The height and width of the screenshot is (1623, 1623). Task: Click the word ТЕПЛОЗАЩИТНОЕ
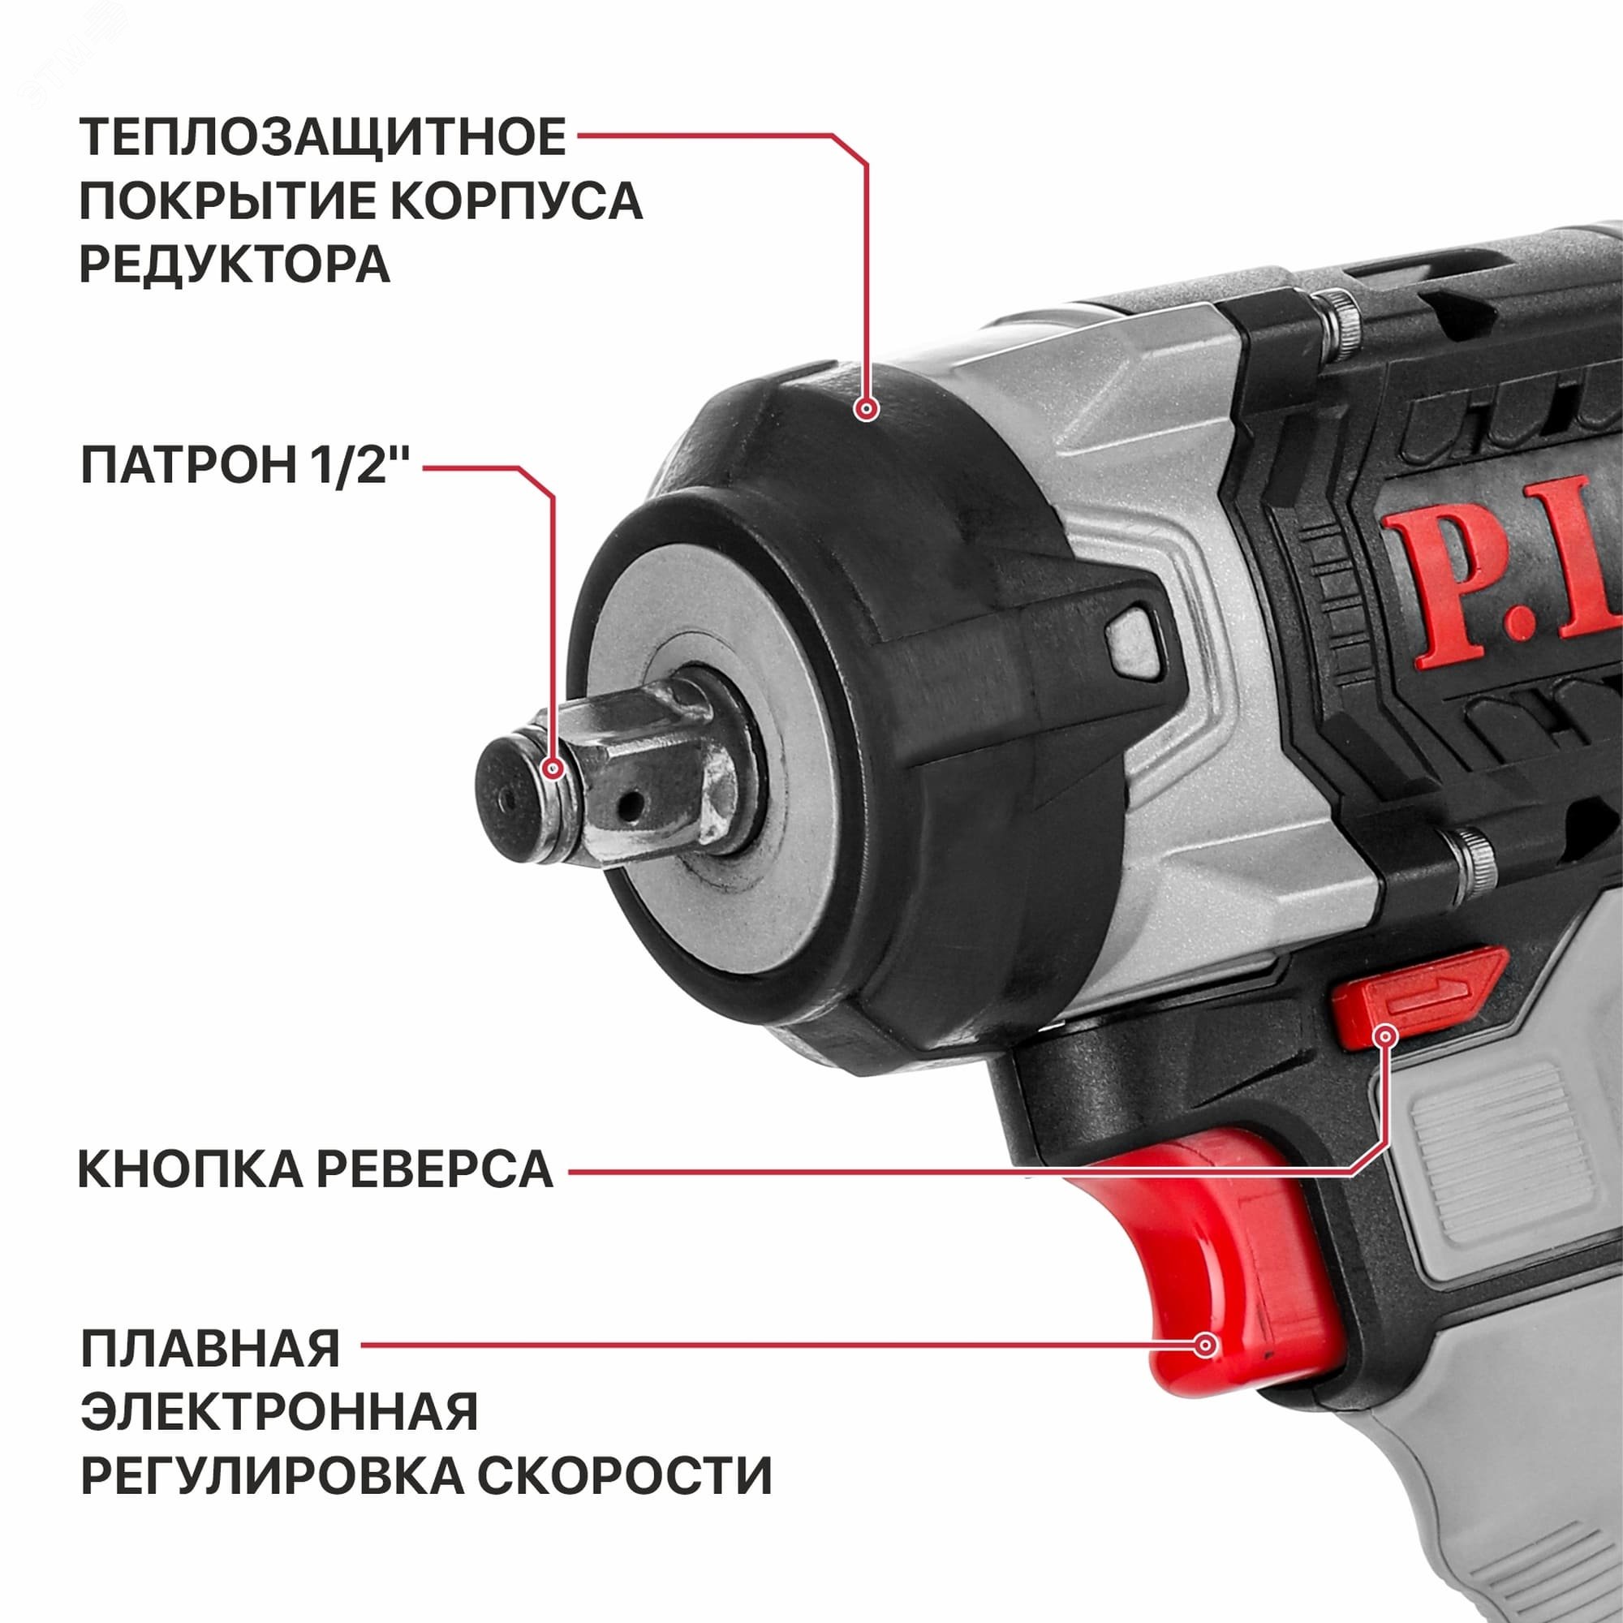[x=323, y=137]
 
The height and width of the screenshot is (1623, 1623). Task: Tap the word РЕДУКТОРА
[x=235, y=265]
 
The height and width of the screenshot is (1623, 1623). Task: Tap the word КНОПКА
[x=190, y=1169]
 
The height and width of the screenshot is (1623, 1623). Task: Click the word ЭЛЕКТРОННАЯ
[x=279, y=1411]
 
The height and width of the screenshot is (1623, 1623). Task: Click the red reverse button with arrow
[x=1411, y=997]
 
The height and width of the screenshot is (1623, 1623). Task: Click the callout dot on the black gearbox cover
[x=866, y=409]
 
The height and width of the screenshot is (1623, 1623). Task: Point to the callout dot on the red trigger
[x=1206, y=1345]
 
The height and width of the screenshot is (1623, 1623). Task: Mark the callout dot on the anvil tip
[x=552, y=768]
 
